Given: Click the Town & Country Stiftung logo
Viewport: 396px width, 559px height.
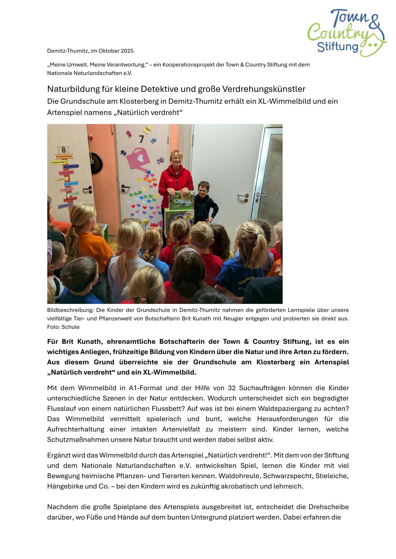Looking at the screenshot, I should click(x=347, y=33).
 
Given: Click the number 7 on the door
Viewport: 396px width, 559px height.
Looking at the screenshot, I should click(x=141, y=139).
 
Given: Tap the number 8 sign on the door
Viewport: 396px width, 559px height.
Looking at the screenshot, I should click(x=63, y=150).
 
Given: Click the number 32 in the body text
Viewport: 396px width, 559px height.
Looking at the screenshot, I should click(x=232, y=388).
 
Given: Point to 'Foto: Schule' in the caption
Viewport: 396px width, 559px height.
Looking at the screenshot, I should click(x=63, y=327).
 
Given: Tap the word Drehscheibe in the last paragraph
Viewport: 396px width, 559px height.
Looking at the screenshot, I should click(x=329, y=507).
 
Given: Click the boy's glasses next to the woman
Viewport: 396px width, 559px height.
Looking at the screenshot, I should click(x=202, y=191).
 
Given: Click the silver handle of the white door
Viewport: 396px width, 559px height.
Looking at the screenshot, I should click(x=243, y=195).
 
